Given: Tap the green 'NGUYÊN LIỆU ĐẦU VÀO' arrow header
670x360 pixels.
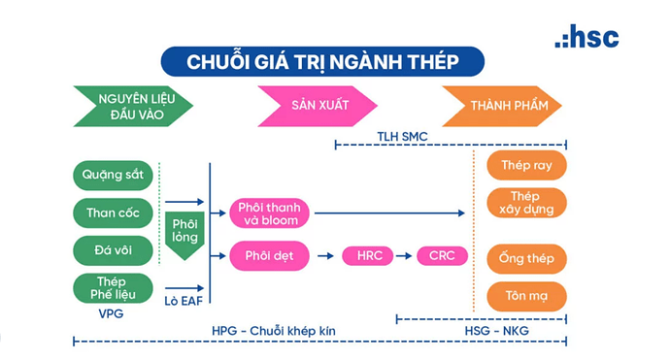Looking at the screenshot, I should click(x=134, y=106).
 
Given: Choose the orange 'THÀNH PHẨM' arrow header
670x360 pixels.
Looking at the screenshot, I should click(x=502, y=106).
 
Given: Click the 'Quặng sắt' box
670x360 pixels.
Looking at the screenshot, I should click(x=113, y=176).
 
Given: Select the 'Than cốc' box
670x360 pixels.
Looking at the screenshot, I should click(x=113, y=213).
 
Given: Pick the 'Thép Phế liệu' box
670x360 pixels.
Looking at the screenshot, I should click(x=113, y=287).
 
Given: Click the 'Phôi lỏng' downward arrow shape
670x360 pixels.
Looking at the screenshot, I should click(x=183, y=231).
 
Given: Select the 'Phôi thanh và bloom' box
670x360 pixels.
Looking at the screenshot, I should click(x=269, y=213).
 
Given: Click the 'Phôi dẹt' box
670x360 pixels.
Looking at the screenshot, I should click(x=269, y=256).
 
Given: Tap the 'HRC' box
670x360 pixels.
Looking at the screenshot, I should click(x=369, y=256).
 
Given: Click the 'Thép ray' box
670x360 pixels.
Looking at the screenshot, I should click(x=526, y=165).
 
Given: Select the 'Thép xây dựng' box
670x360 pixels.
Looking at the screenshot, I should click(x=526, y=203).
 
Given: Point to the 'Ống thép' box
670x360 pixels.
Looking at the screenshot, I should click(x=526, y=258).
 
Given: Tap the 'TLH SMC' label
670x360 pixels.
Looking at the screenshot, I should click(x=402, y=137).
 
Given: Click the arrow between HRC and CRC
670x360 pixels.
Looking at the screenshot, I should click(x=406, y=256).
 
